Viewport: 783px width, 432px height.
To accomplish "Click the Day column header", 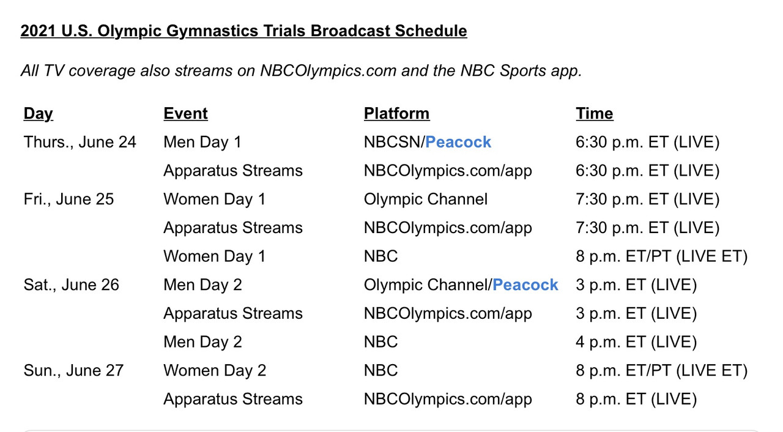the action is [38, 114].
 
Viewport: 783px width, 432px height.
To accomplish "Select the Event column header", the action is [185, 114].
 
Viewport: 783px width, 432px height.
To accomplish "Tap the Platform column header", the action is [397, 114].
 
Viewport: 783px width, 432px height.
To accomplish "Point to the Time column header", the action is [595, 114].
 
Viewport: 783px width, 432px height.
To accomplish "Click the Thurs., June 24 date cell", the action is [80, 142].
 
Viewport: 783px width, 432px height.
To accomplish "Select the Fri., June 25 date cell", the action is [69, 199].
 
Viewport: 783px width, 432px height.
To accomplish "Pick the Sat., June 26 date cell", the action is [72, 285].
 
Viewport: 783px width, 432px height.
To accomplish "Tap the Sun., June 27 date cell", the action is [73, 370].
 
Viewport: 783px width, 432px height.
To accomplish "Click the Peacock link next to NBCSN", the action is [458, 142].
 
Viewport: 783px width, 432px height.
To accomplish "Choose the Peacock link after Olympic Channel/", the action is [525, 285].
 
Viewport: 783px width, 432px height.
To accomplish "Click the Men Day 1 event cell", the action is [202, 142].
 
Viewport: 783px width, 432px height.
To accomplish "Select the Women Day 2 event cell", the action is [215, 370].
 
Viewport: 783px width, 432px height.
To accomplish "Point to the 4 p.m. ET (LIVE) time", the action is [636, 342].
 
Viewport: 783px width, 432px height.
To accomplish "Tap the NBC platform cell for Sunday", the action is [380, 370].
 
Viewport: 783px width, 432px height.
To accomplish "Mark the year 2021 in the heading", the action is [38, 31].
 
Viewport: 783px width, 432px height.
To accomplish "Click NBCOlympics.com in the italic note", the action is [328, 71].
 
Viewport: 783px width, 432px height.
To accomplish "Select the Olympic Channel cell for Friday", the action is [426, 199].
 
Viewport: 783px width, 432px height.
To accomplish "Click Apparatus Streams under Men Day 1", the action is [233, 171].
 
